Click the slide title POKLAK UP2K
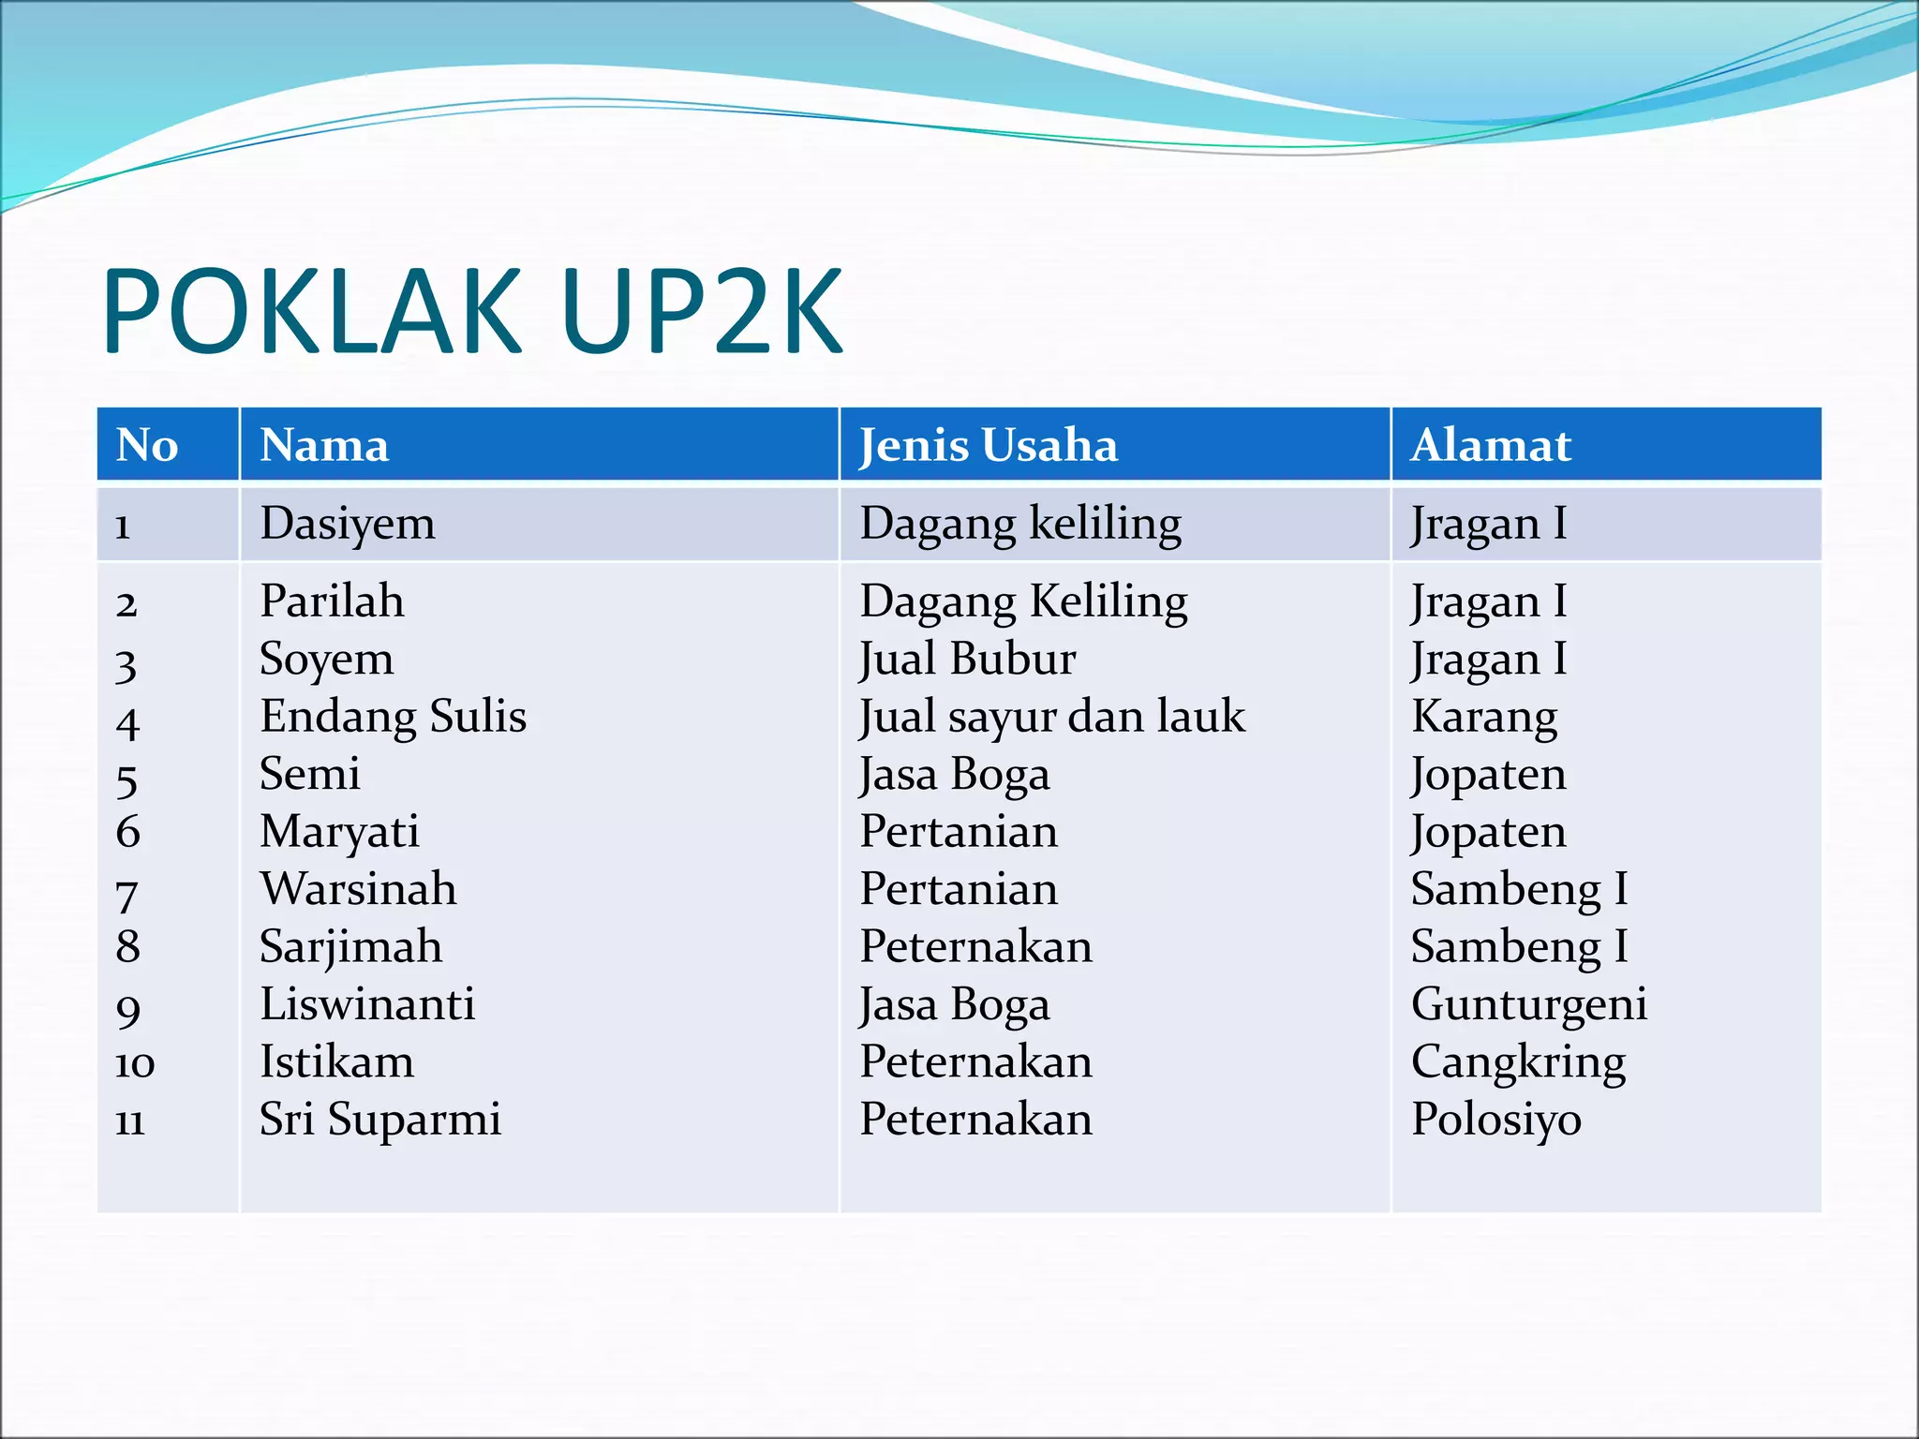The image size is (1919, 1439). [x=472, y=311]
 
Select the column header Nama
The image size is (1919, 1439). [x=324, y=445]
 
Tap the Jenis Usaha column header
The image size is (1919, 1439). [x=989, y=445]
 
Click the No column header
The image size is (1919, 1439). [x=147, y=445]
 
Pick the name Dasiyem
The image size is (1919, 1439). [x=348, y=524]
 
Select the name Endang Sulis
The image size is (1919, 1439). [x=393, y=717]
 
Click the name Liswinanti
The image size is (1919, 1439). [x=367, y=1004]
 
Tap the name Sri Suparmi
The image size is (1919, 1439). [x=380, y=1120]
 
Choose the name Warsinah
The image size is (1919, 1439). [x=359, y=889]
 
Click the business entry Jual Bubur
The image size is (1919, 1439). [x=968, y=659]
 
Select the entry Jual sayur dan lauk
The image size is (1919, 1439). [x=1052, y=717]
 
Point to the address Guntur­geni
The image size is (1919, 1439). [x=1529, y=1004]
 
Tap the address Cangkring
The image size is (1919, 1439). [x=1518, y=1062]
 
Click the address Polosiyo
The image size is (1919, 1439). [x=1496, y=1120]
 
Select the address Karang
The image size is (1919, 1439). [x=1484, y=717]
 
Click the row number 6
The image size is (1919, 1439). [x=128, y=832]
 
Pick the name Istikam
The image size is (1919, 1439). [x=336, y=1062]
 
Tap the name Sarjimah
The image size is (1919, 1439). [x=350, y=947]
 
